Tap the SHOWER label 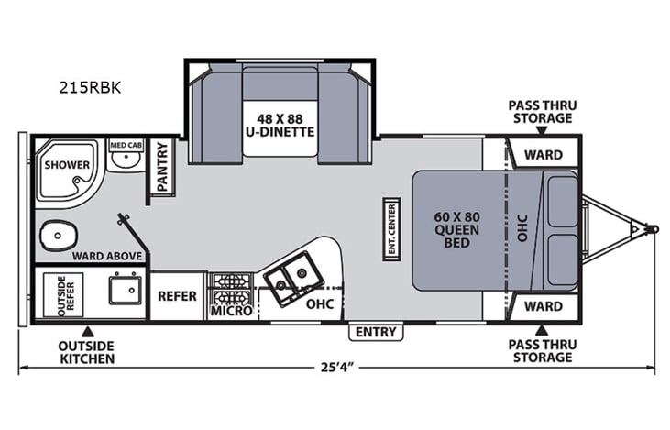[66, 166]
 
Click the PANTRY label [163, 167]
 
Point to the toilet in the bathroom [54, 237]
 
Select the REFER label [177, 296]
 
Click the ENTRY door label [375, 331]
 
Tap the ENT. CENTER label [391, 227]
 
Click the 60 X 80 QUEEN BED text [456, 229]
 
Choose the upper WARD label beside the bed [543, 154]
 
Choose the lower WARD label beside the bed [543, 305]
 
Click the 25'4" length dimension [335, 368]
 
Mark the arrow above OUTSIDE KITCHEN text [87, 331]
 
